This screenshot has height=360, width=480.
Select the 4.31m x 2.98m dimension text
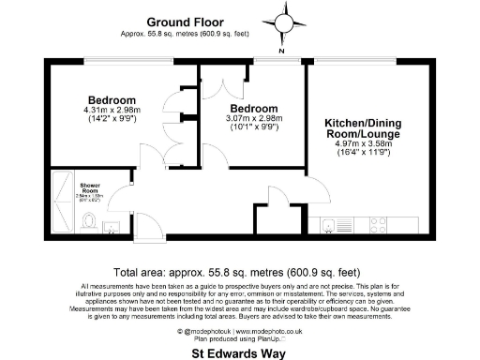tap(112, 112)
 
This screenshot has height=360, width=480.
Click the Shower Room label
tap(91, 187)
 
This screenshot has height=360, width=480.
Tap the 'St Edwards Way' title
tap(239, 353)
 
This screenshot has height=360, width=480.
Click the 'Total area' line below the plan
tap(239, 269)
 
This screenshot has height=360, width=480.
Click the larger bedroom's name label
tap(112, 100)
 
